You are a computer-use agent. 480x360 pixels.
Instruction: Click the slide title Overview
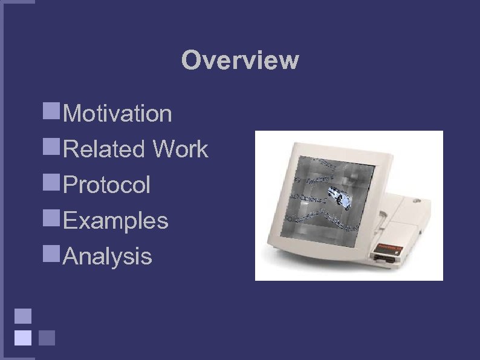pyautogui.click(x=240, y=61)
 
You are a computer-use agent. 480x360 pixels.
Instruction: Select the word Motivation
pyautogui.click(x=117, y=113)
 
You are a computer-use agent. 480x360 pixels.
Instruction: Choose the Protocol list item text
pyautogui.click(x=106, y=185)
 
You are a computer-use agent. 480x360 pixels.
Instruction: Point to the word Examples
pyautogui.click(x=115, y=220)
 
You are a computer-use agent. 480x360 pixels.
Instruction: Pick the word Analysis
pyautogui.click(x=108, y=256)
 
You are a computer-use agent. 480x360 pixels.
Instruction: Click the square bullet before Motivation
pyautogui.click(x=51, y=110)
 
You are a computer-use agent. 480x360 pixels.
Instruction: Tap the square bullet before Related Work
pyautogui.click(x=51, y=146)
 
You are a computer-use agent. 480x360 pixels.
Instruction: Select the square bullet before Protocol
pyautogui.click(x=51, y=182)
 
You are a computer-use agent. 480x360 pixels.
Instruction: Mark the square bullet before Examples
pyautogui.click(x=51, y=217)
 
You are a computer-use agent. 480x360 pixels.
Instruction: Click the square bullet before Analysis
pyautogui.click(x=51, y=253)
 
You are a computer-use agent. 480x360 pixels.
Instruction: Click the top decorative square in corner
pyautogui.click(x=23, y=316)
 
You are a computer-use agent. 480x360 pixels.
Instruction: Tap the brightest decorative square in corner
pyautogui.click(x=23, y=337)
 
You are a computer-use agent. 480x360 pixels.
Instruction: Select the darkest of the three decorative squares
pyautogui.click(x=47, y=337)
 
